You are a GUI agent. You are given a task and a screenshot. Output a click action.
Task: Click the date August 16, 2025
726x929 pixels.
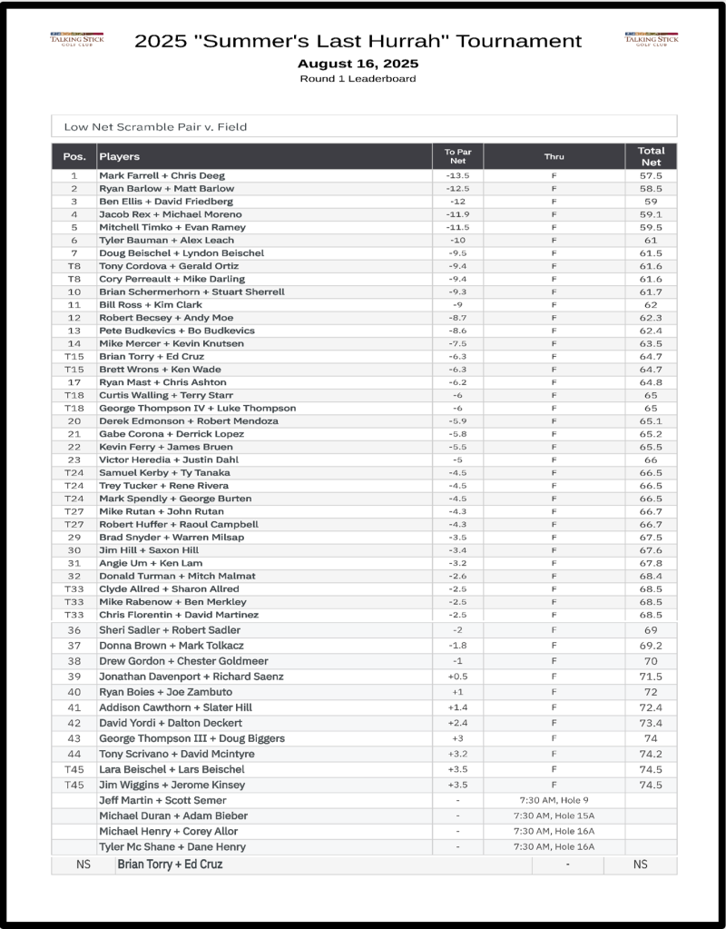[x=358, y=64]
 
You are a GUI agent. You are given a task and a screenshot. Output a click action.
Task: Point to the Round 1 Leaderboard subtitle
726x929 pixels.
[x=358, y=79]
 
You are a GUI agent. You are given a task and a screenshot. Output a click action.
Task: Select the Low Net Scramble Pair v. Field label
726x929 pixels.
[x=155, y=127]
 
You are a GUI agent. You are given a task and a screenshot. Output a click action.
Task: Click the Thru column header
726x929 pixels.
[x=554, y=156]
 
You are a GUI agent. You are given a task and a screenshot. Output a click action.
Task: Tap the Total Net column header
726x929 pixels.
[x=651, y=156]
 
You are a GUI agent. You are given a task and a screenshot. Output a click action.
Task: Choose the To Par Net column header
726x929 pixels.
[x=457, y=156]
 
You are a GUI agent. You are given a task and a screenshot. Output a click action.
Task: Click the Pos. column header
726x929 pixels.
[x=74, y=156]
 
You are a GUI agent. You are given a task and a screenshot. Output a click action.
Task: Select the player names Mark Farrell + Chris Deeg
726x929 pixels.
[x=162, y=175]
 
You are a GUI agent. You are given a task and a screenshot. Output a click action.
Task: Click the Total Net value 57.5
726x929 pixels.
[x=651, y=175]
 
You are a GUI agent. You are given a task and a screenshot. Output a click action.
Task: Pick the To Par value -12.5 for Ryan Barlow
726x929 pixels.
[x=457, y=188]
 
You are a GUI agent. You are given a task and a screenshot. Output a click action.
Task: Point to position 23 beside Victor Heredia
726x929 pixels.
[x=74, y=460]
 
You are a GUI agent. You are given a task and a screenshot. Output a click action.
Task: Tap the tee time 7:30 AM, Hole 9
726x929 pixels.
[x=554, y=800]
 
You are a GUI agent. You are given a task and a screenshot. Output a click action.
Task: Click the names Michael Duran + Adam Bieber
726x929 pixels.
[x=172, y=815]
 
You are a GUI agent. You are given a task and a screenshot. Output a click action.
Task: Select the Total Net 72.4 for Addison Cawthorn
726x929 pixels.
[x=651, y=707]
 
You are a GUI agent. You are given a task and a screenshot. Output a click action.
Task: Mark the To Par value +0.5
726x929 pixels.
[x=457, y=677]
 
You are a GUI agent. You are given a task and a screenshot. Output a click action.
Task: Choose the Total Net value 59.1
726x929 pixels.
[x=651, y=214]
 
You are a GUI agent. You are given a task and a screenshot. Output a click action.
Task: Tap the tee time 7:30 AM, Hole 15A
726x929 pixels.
[x=554, y=815]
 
